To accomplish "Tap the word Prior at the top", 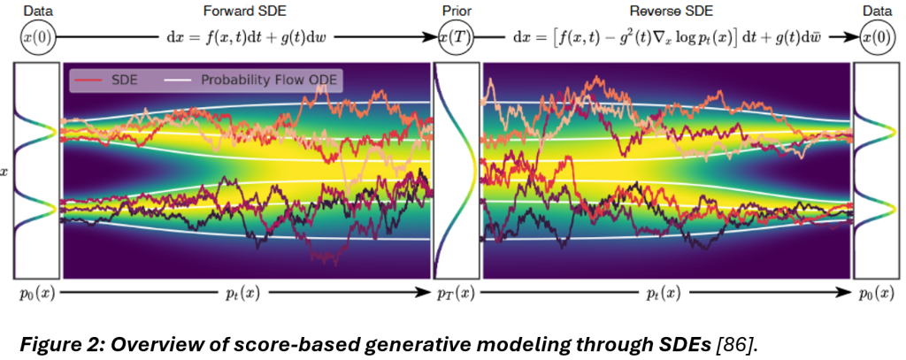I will (x=455, y=11).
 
